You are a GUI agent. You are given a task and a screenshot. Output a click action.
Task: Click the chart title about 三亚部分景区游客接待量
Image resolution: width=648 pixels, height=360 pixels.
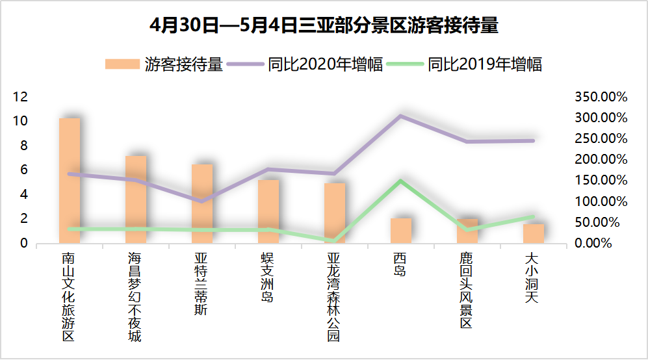(x=324, y=26)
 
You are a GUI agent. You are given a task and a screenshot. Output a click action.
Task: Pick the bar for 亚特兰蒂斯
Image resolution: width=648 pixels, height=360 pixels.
(x=202, y=204)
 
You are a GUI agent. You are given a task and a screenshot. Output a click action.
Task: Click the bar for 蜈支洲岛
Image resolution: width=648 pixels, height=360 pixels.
(x=268, y=212)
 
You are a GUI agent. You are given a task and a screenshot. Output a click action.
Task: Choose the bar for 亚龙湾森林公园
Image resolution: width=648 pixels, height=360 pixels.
(x=335, y=213)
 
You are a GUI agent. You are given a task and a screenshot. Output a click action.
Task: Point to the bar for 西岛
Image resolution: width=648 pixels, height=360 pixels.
(x=401, y=231)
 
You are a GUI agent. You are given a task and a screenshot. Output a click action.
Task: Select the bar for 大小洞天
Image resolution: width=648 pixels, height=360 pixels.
(x=534, y=234)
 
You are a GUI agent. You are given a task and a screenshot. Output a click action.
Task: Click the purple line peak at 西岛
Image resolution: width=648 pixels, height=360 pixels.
(x=401, y=116)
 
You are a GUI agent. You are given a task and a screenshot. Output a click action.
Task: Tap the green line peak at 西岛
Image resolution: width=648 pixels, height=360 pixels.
(x=401, y=181)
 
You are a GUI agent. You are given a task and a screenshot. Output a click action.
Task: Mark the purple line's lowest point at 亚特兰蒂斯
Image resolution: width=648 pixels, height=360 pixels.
(x=202, y=201)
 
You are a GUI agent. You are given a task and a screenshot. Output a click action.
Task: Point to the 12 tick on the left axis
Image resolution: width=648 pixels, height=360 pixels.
(x=21, y=97)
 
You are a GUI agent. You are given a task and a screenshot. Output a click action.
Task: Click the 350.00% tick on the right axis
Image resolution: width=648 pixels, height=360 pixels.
(x=601, y=97)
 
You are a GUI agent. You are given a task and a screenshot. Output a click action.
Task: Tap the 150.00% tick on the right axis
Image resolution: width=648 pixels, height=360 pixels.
(x=601, y=181)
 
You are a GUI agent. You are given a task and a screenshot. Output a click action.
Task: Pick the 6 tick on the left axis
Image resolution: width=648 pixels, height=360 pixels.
(x=24, y=170)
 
